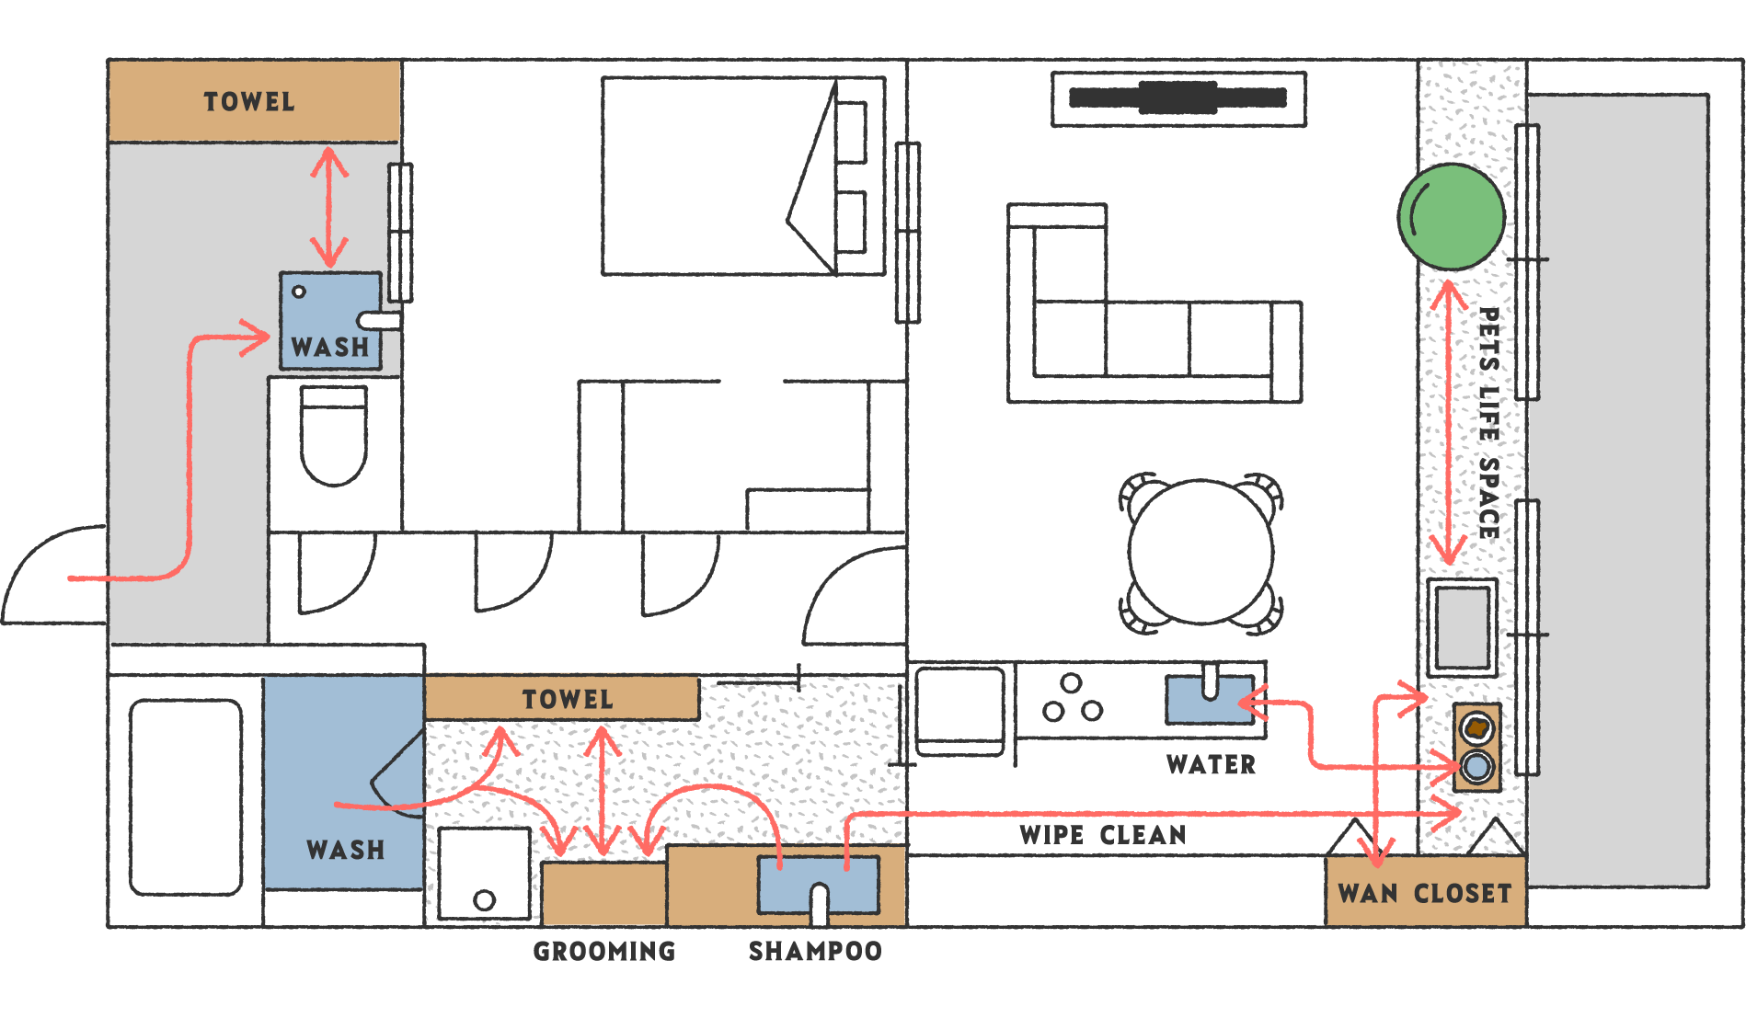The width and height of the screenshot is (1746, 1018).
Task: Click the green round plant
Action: pyautogui.click(x=1451, y=217)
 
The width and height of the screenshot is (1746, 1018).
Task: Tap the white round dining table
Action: pyautogui.click(x=1200, y=552)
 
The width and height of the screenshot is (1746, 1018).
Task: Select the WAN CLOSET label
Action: pyautogui.click(x=1424, y=893)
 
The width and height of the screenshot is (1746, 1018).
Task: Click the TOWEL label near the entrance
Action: pyautogui.click(x=249, y=101)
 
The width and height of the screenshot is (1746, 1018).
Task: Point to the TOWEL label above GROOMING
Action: pyautogui.click(x=567, y=699)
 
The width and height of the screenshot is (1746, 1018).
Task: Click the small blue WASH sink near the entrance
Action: pyautogui.click(x=329, y=320)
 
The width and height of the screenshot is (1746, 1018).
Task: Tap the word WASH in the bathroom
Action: pyautogui.click(x=345, y=849)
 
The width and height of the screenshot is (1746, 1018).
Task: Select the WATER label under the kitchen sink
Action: pyautogui.click(x=1211, y=764)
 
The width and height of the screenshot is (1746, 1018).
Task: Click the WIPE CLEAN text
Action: pyautogui.click(x=1103, y=835)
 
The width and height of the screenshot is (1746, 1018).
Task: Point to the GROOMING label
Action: pyautogui.click(x=604, y=950)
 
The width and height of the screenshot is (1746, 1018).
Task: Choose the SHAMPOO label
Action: pyautogui.click(x=815, y=950)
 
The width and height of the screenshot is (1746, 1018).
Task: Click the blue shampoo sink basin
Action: pyautogui.click(x=817, y=883)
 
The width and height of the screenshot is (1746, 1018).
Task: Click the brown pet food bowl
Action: pyautogui.click(x=1476, y=728)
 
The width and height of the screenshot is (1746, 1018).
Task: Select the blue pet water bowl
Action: pyautogui.click(x=1476, y=766)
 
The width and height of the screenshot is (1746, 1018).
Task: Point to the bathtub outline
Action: pyautogui.click(x=186, y=796)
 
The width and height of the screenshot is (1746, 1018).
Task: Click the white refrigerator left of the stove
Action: pyautogui.click(x=959, y=712)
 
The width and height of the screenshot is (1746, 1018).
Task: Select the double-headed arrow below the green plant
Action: pyautogui.click(x=1449, y=423)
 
